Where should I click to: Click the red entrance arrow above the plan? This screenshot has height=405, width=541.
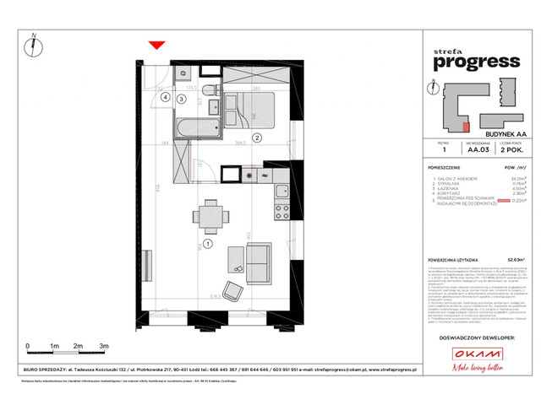tap(155, 45)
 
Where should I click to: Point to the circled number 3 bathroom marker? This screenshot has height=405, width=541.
tap(182, 99)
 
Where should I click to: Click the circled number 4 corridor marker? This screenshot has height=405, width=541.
tap(167, 97)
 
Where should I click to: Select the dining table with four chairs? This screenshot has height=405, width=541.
tap(207, 213)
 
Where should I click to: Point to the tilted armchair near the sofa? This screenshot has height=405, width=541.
tap(231, 290)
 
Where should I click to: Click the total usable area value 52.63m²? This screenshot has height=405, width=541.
tap(507, 261)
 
